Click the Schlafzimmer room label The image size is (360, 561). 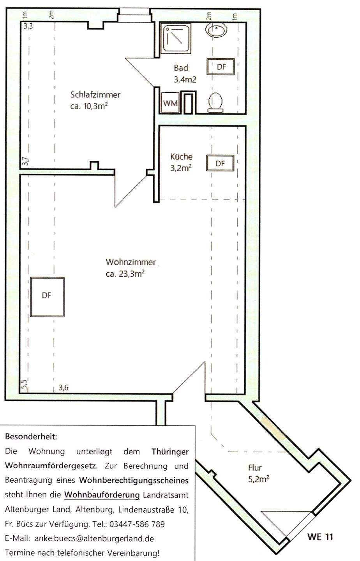[x=95, y=95]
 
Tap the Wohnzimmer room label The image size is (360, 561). [x=131, y=262]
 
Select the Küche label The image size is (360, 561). [x=182, y=157]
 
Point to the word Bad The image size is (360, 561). [x=181, y=68]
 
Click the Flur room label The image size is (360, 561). [x=255, y=467]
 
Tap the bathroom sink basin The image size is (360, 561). [x=216, y=30]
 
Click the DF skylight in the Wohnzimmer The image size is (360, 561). [x=47, y=297]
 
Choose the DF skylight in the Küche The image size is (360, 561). [x=220, y=163]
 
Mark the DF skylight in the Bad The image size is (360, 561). [x=221, y=67]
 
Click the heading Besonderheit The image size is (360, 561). [x=31, y=437]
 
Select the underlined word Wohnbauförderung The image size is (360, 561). [x=102, y=495]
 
